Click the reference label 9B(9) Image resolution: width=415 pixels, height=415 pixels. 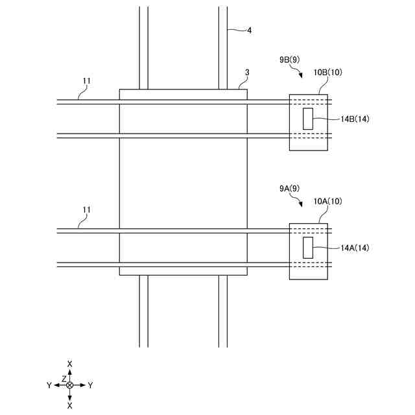coord(289,59)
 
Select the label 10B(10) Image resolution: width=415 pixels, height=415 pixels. coord(327,72)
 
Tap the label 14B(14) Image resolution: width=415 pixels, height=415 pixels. coord(355,119)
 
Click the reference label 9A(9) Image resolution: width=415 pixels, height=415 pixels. coord(289,189)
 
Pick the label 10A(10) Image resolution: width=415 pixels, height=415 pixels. coord(327,202)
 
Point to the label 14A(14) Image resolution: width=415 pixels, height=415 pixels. coord(355,248)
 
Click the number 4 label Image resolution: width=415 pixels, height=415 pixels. coord(250,29)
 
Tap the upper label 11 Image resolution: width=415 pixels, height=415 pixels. coord(87,81)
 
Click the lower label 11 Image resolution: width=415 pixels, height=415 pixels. coord(87,210)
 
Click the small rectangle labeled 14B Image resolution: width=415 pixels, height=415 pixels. coord(308,118)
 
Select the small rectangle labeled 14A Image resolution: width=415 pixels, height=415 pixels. coord(308,247)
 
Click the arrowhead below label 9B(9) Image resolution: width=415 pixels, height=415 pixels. coord(300,75)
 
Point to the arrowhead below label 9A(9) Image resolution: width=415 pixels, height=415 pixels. coord(300,204)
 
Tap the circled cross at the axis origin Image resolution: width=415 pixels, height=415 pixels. coord(70,385)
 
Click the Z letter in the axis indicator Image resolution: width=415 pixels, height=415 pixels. coord(64,378)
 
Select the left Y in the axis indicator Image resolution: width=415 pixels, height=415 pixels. coord(49,385)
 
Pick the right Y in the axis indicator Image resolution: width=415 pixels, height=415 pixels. coord(90,385)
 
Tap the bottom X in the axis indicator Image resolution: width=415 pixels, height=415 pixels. coord(70,405)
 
